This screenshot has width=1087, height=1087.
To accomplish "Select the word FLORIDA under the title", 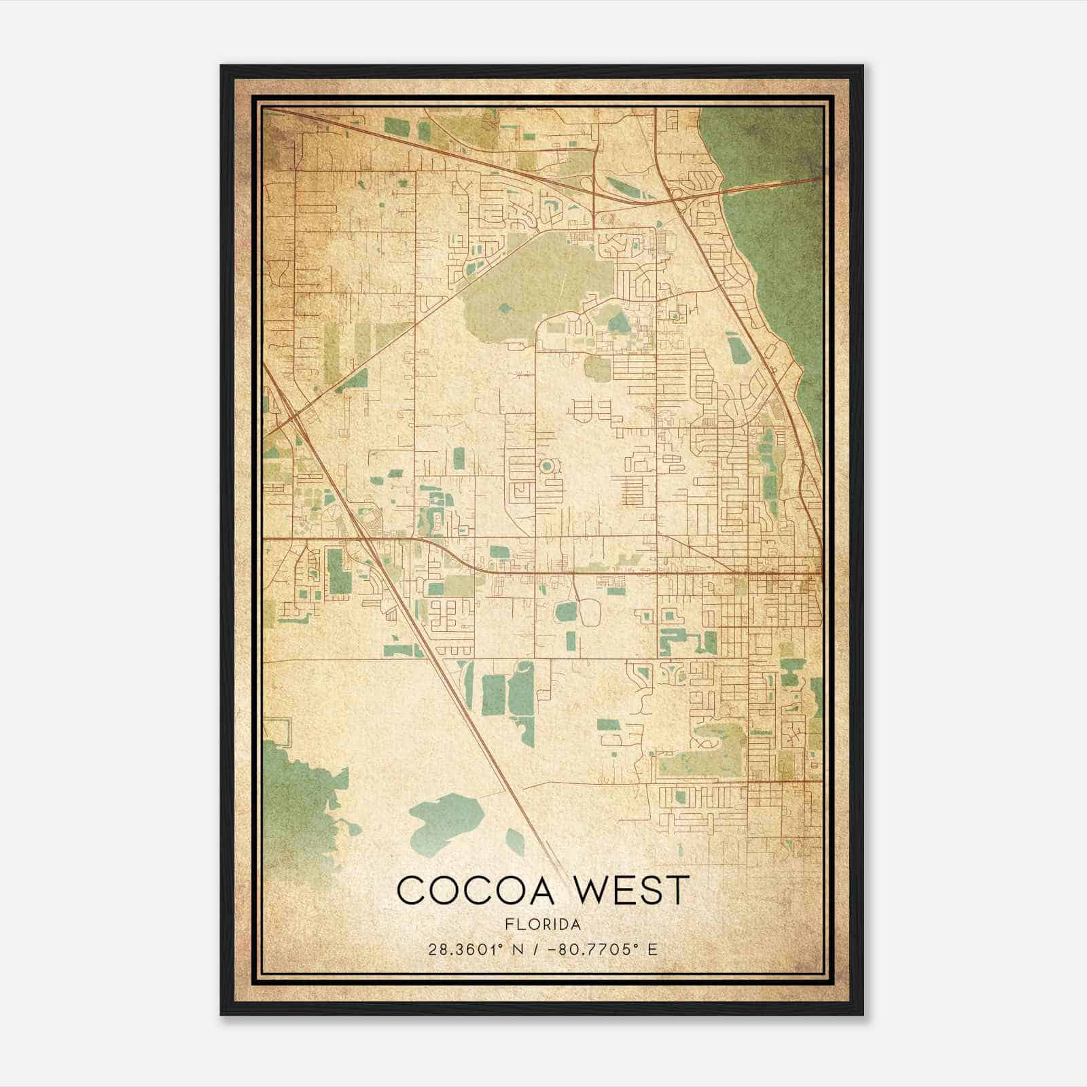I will tap(543, 925).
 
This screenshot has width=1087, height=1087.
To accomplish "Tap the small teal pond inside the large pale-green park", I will tap(505, 308).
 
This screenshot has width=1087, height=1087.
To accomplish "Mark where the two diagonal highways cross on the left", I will tap(297, 416).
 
